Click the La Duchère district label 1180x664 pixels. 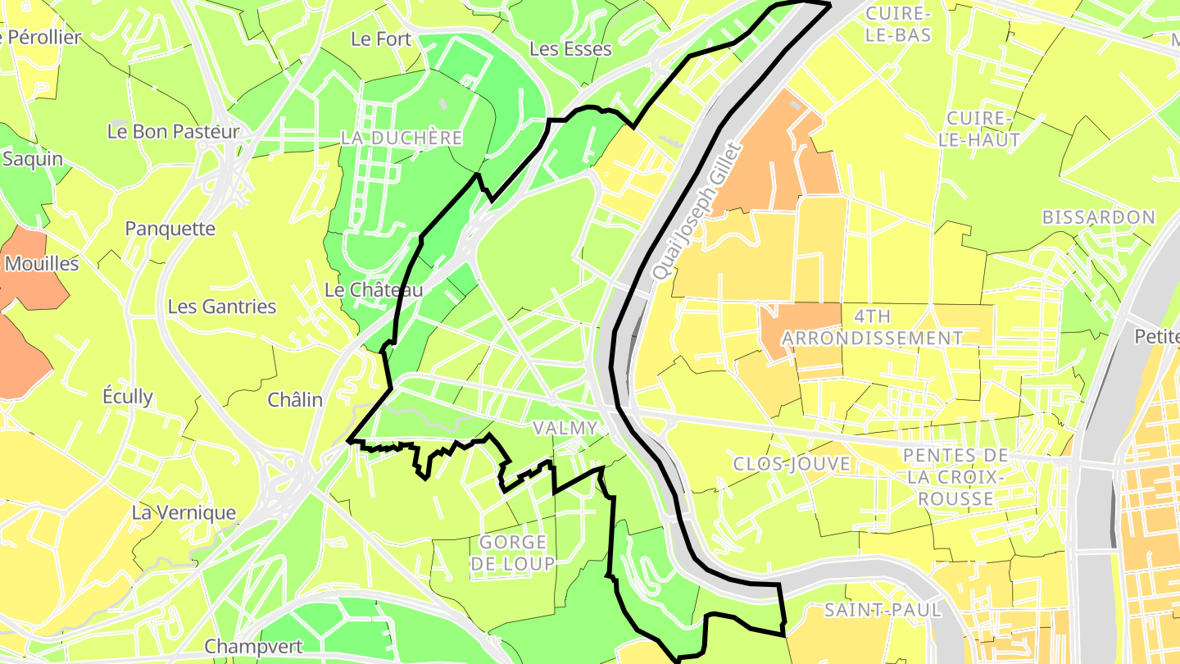pyautogui.click(x=402, y=138)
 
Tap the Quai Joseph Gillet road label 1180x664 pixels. pyautogui.click(x=697, y=211)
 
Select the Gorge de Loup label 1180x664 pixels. pyautogui.click(x=513, y=553)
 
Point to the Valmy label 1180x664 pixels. pyautogui.click(x=565, y=428)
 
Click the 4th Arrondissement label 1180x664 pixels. pyautogui.click(x=872, y=327)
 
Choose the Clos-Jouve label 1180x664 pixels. pyautogui.click(x=792, y=464)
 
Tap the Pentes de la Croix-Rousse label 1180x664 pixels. pyautogui.click(x=955, y=477)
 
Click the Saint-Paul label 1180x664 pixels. pyautogui.click(x=883, y=610)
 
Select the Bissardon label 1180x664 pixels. pyautogui.click(x=1099, y=217)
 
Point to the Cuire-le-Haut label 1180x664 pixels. pyautogui.click(x=979, y=129)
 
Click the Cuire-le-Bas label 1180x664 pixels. pyautogui.click(x=898, y=24)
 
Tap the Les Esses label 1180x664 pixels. pyautogui.click(x=570, y=48)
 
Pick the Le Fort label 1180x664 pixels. pyautogui.click(x=381, y=39)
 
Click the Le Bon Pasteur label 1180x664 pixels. pyautogui.click(x=174, y=131)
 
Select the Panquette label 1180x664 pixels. pyautogui.click(x=170, y=229)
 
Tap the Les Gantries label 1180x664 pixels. pyautogui.click(x=222, y=307)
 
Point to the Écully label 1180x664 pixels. pyautogui.click(x=128, y=397)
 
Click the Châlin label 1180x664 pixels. pyautogui.click(x=295, y=400)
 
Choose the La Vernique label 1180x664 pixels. pyautogui.click(x=184, y=513)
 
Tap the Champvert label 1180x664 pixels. pyautogui.click(x=253, y=646)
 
